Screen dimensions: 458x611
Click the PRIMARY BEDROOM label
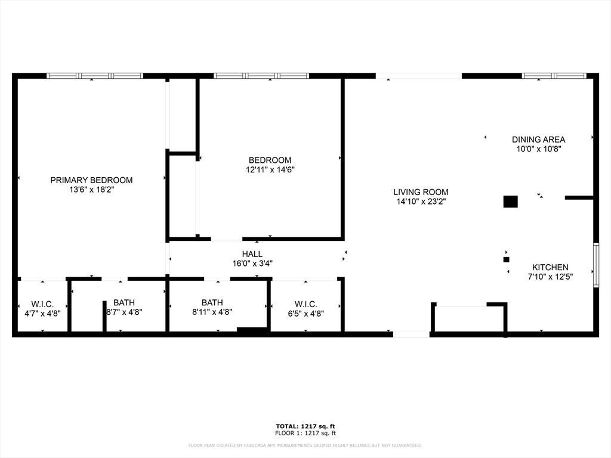point(91,180)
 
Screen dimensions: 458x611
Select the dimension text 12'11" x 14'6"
point(270,169)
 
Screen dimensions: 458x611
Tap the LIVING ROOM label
point(421,192)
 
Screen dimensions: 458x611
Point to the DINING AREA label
point(538,140)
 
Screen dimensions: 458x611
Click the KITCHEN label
point(550,267)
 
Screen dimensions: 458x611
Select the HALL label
point(252,254)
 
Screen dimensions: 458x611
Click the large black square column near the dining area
point(510,202)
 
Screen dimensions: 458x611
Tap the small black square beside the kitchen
point(506,259)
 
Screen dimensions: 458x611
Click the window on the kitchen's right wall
point(595,265)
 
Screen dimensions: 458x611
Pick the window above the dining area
point(554,76)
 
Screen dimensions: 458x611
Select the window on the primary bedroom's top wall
point(95,76)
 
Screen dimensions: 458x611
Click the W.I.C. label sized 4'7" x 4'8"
point(42,304)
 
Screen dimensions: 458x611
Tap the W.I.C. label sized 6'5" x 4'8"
point(305,304)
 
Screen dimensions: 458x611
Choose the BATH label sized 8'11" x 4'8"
point(212,303)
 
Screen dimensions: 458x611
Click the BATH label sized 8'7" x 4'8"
point(124,303)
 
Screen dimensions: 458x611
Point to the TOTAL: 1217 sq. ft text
point(305,426)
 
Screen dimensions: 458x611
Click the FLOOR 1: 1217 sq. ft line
point(305,433)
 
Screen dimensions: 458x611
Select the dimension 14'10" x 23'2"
point(421,202)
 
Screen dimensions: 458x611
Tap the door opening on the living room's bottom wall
point(411,334)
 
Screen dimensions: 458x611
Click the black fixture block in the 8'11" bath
point(252,330)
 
